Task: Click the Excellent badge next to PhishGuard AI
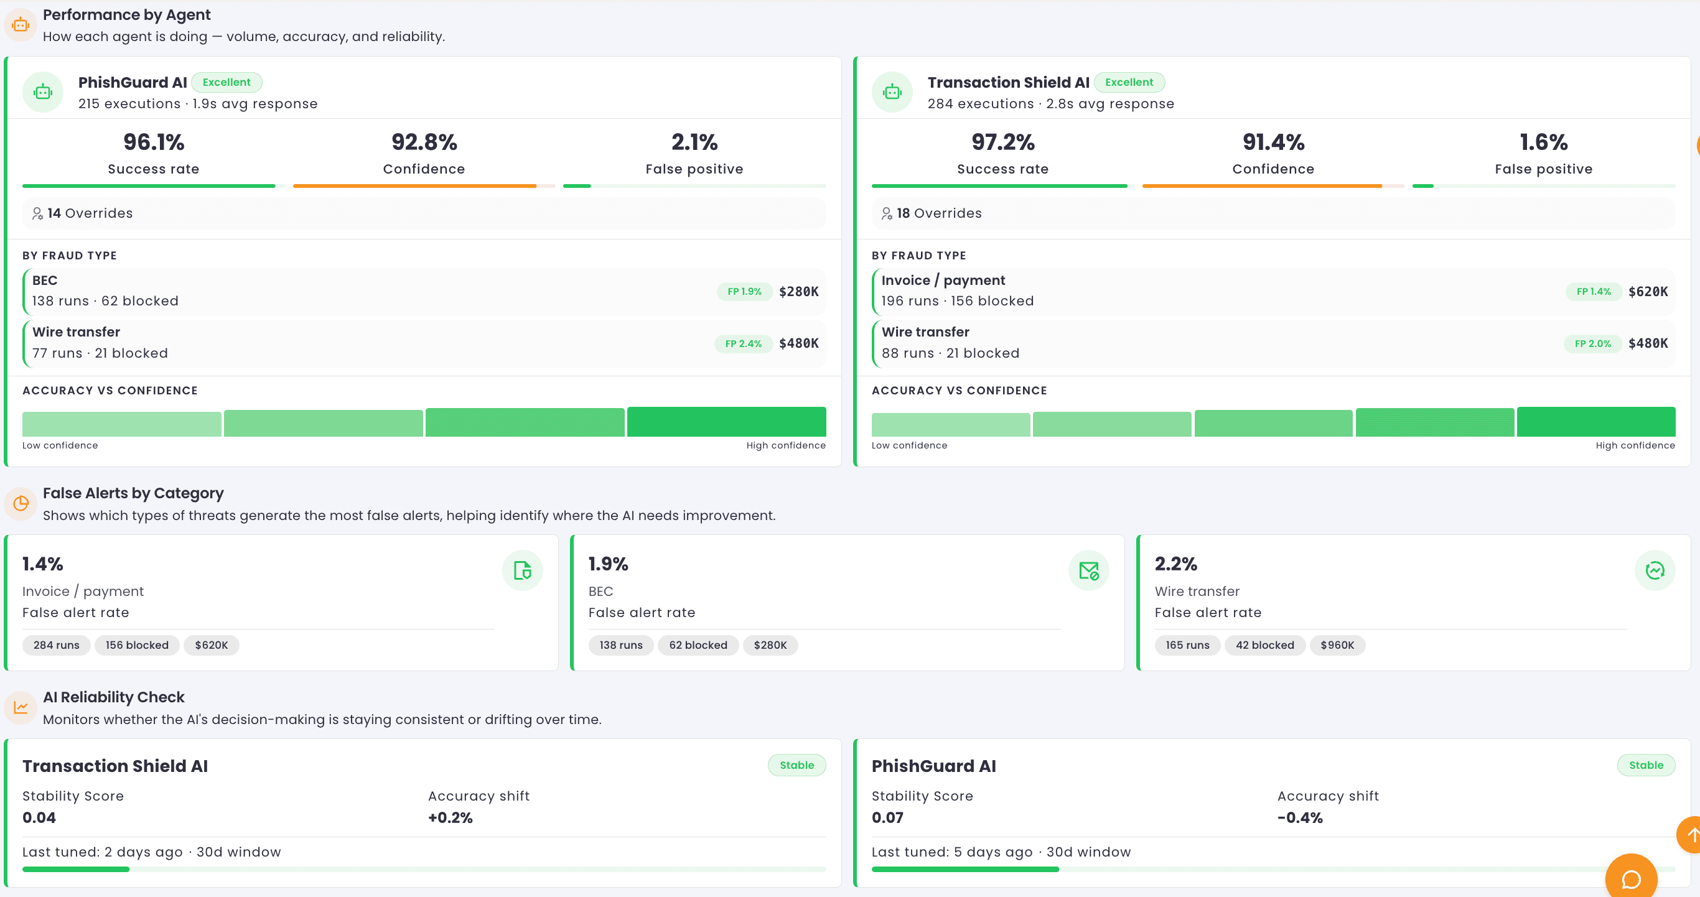227,83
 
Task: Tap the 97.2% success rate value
1002,142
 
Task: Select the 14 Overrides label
90,213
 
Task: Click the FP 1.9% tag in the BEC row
744,292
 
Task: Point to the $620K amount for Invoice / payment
1648,292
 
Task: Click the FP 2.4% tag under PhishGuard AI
743,343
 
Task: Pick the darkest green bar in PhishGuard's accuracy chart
726,422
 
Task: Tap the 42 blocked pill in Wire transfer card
1264,645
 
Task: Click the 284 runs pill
56,645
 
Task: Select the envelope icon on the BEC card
1088,570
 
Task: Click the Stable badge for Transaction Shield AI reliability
796,765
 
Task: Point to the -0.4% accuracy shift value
1299,818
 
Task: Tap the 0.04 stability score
39,818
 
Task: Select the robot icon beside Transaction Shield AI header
892,91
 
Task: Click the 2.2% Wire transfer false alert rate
1175,564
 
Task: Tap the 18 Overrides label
938,213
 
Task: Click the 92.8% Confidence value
424,142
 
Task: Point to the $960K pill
1337,645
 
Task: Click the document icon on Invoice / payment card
522,570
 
